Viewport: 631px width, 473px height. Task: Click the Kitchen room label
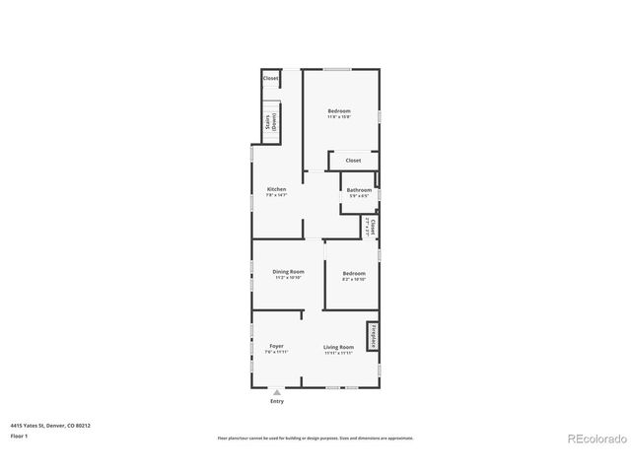277,189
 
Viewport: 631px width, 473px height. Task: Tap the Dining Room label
289,271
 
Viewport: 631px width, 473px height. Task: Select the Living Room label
338,347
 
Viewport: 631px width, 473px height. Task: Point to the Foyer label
277,347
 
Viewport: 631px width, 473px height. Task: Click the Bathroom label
359,189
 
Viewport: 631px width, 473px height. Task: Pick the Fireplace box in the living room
373,336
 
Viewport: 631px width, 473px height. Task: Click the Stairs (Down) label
270,123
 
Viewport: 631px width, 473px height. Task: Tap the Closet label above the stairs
270,78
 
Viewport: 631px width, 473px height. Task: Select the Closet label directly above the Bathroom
353,160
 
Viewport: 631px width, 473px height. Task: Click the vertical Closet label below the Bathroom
372,226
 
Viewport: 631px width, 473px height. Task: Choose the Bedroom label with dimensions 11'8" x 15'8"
339,111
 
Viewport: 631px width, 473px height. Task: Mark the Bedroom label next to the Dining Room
354,273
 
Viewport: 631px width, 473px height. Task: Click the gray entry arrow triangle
277,391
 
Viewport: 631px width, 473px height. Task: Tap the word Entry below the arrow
277,401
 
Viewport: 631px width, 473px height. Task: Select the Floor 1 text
19,436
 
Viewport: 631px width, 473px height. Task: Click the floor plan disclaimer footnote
315,438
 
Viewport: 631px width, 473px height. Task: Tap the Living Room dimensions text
338,352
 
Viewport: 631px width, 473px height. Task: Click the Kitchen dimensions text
277,195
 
